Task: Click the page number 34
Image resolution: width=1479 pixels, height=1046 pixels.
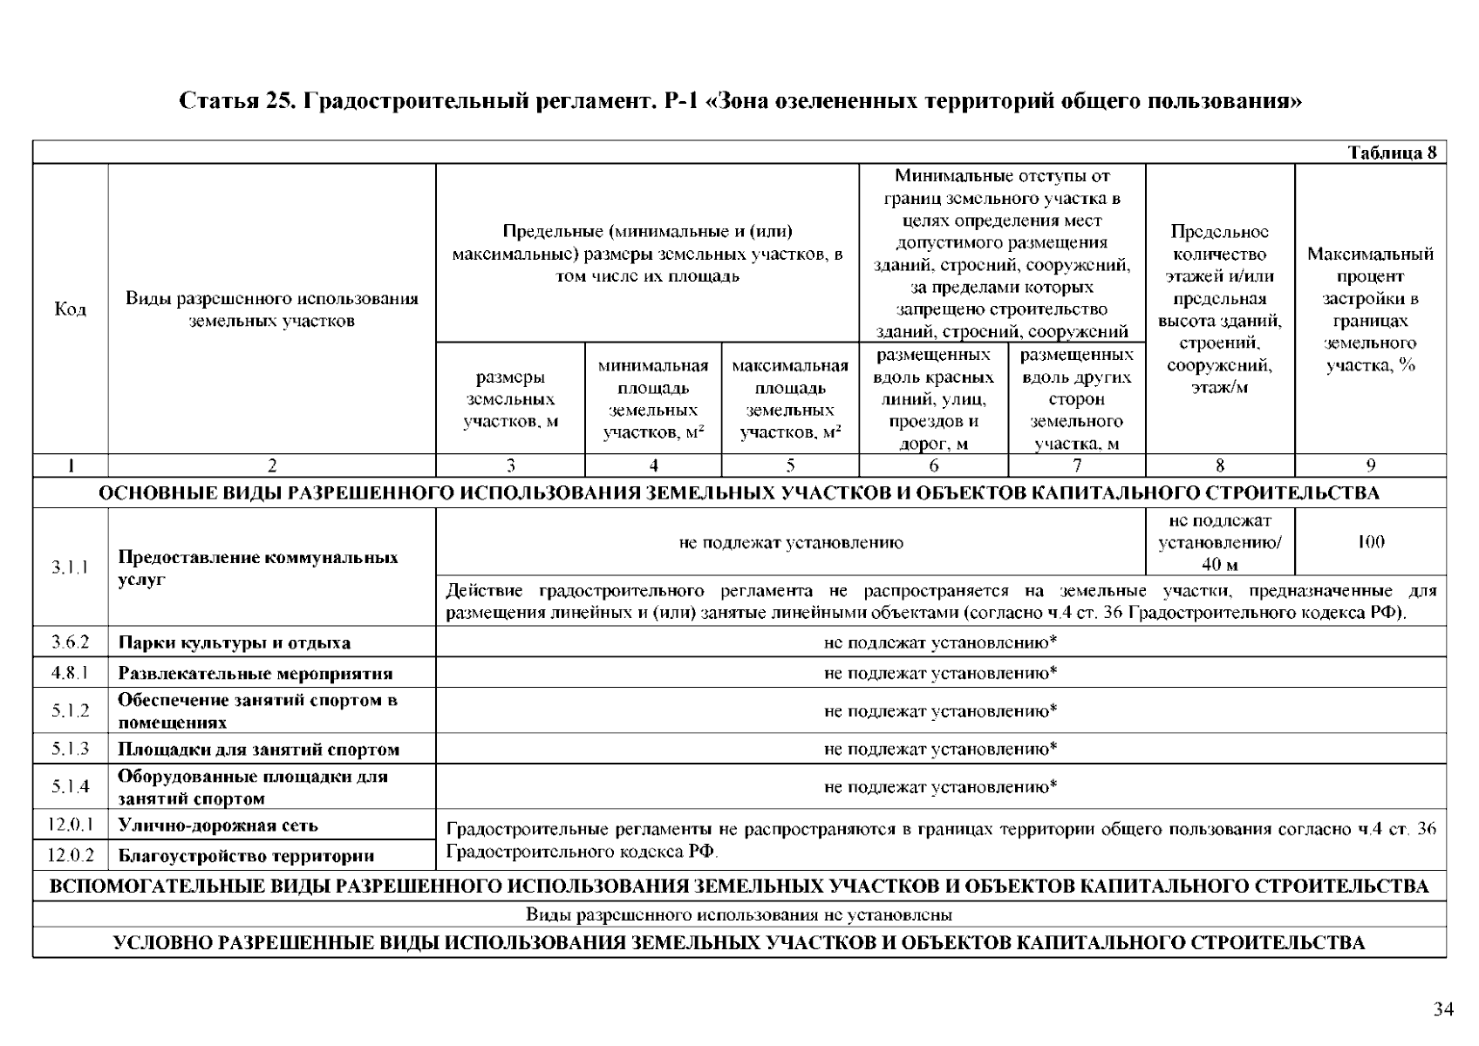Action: pos(1443,1009)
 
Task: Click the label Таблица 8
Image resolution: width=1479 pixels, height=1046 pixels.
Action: pos(1392,153)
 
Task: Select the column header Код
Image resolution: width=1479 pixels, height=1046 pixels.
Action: pos(70,309)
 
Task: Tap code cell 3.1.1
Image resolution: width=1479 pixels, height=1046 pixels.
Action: pos(70,567)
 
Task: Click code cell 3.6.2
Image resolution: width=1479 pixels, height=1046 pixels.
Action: pos(70,642)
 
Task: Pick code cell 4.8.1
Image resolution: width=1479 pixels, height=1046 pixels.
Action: pos(70,673)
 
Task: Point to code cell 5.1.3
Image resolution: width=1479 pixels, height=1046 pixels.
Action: pos(70,749)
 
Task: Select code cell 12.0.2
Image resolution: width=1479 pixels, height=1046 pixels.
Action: pos(70,856)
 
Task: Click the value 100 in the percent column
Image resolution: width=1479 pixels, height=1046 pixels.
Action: pos(1370,542)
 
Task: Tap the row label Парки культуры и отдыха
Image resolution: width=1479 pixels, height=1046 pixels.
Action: pos(234,643)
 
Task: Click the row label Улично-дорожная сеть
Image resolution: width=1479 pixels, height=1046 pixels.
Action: pos(218,825)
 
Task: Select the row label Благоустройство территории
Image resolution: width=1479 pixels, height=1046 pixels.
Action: pos(246,856)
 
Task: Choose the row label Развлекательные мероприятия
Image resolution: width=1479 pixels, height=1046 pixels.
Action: pos(255,674)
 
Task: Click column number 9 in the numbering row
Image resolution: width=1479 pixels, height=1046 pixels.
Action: pos(1370,465)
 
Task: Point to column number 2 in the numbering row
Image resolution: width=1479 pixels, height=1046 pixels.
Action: pos(271,465)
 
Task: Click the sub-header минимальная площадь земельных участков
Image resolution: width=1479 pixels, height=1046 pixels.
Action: pos(652,398)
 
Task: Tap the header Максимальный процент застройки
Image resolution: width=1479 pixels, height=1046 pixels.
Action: pos(1370,309)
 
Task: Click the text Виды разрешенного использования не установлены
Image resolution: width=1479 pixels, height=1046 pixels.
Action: pos(739,915)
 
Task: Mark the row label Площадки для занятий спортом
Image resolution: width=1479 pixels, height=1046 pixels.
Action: pos(258,750)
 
